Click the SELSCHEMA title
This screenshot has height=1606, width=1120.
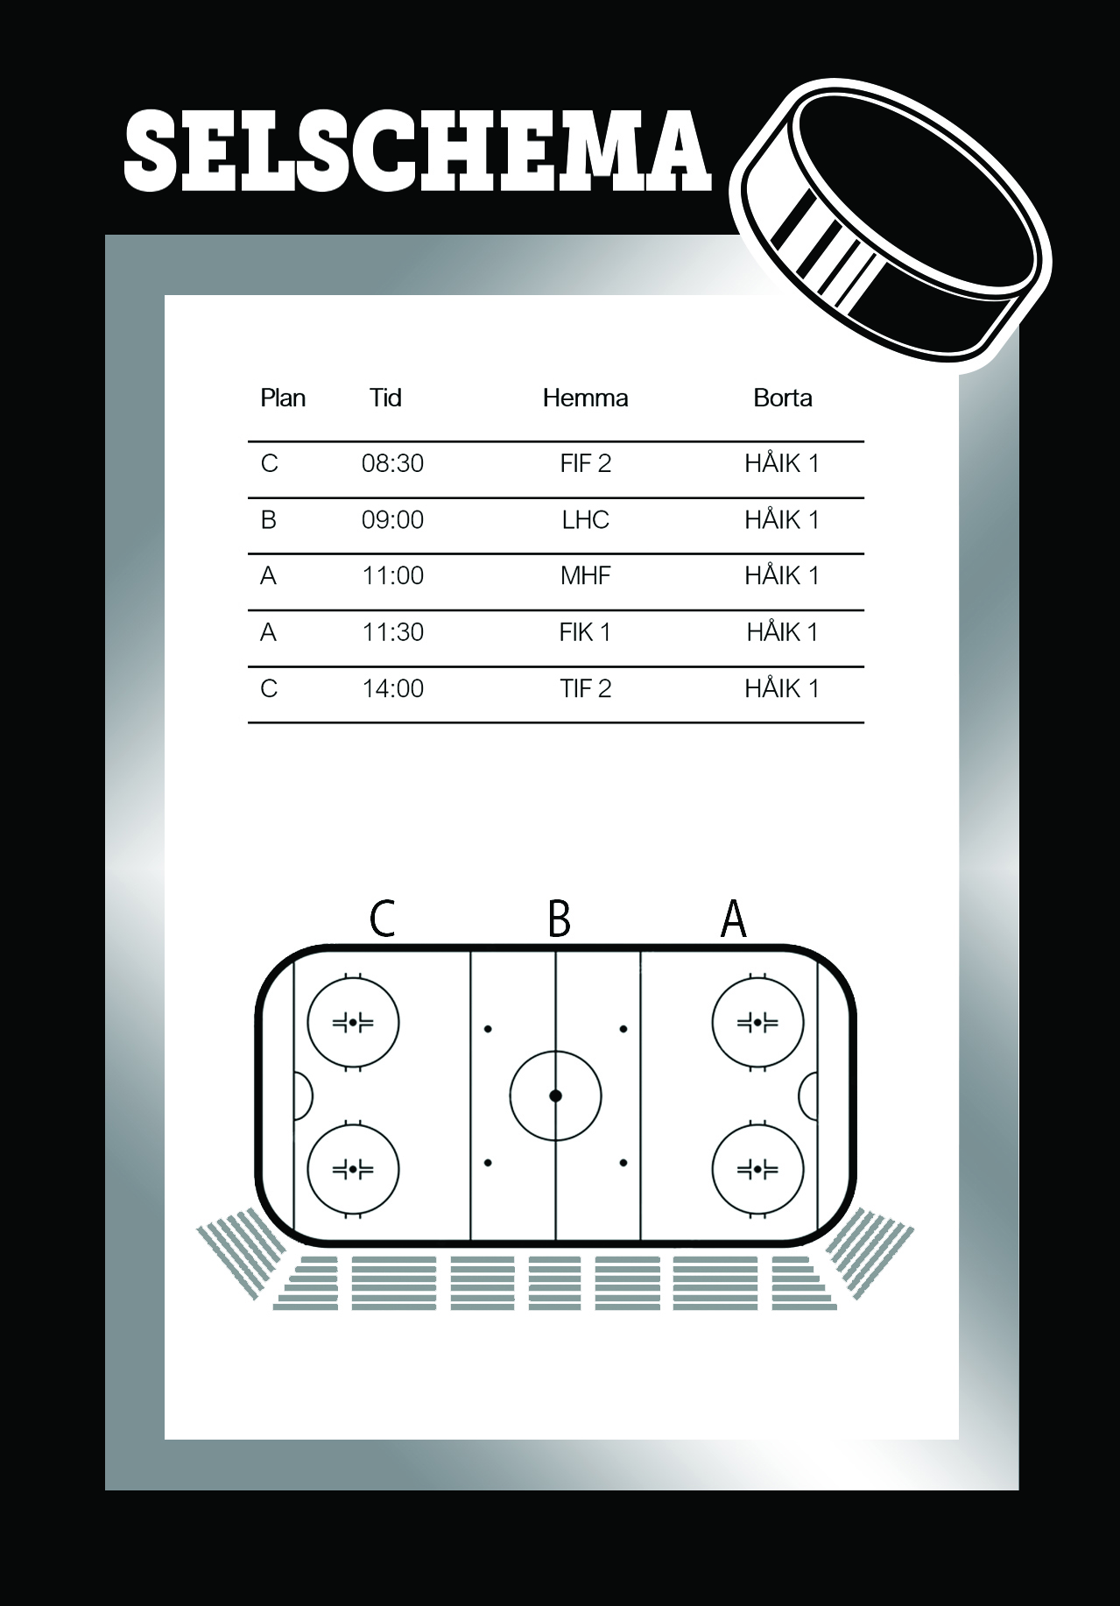point(417,151)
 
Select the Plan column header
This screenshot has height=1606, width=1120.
point(283,398)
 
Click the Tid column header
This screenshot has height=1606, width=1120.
point(385,398)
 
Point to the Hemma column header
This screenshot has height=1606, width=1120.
point(585,398)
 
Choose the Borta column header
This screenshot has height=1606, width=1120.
point(783,398)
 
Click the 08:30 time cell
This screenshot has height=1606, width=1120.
point(392,464)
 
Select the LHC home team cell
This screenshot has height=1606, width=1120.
point(585,520)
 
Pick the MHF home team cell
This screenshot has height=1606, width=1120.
point(585,576)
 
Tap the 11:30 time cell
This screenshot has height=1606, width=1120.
point(392,632)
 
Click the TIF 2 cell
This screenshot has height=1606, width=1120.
point(585,689)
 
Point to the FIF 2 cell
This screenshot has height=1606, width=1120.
point(585,464)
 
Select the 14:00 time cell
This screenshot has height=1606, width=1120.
point(392,689)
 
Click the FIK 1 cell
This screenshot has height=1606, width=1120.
point(585,632)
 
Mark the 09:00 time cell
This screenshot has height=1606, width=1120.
point(392,520)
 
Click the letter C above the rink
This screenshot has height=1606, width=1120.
point(383,919)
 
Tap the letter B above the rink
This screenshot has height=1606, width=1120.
point(559,919)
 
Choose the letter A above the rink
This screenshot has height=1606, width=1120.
point(733,919)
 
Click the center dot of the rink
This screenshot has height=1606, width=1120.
point(555,1095)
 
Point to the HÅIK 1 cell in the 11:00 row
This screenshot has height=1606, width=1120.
point(782,576)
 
